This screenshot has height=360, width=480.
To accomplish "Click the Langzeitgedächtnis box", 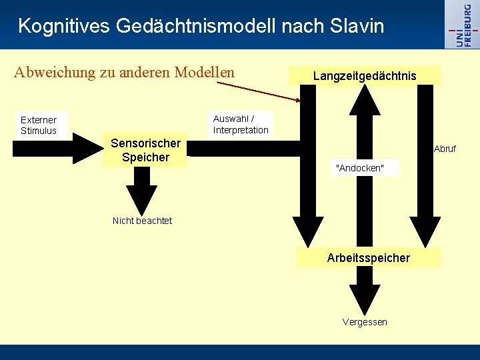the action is tap(365, 76).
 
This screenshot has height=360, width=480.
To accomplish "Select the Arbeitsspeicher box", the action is tap(368, 257).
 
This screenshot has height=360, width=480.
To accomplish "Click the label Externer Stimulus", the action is tap(39, 125).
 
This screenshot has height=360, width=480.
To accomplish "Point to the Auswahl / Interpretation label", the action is tap(241, 125).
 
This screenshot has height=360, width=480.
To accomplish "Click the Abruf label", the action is tap(445, 149).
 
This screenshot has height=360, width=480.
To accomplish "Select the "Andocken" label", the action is tap(361, 168).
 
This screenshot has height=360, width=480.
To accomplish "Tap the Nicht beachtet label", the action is tap(142, 221).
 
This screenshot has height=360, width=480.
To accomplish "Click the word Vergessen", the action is tap(365, 322).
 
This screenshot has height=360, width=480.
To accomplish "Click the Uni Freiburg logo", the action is tap(463, 24).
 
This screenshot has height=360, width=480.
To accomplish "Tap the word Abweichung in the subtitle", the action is tap(55, 72).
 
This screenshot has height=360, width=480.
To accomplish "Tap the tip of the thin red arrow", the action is tap(301, 101).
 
